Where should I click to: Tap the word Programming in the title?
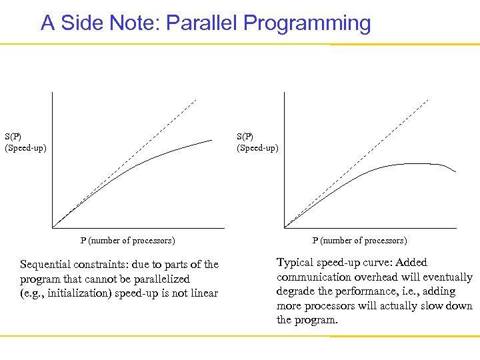tap(307, 23)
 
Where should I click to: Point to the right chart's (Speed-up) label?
tap(258, 147)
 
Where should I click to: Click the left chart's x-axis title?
tap(127, 240)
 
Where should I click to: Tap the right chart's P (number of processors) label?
tap(359, 240)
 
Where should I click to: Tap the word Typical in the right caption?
tap(296, 263)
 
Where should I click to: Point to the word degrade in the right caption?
tap(296, 291)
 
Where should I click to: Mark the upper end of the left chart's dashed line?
tap(196, 100)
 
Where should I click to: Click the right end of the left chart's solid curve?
tap(212, 140)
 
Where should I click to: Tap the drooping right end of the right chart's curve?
tap(455, 172)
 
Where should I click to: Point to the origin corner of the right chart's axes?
tap(285, 227)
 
